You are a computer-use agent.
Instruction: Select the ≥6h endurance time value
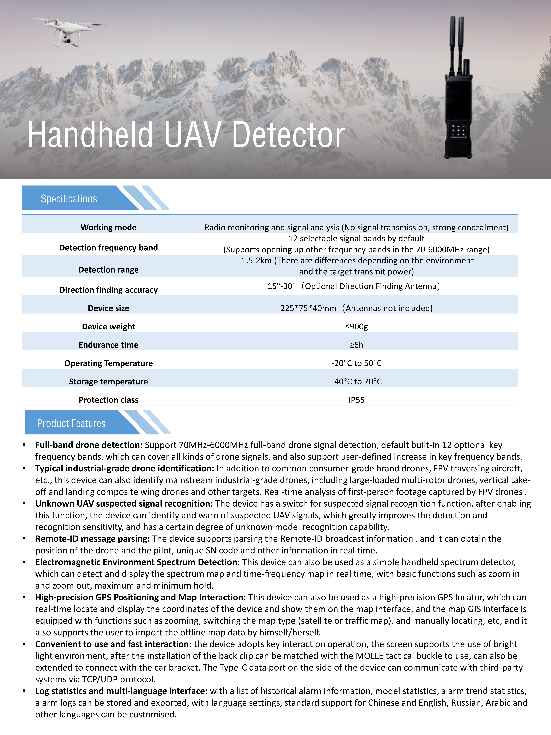click(356, 345)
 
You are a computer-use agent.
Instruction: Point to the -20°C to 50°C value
click(356, 363)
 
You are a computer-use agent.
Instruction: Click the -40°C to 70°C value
click(356, 381)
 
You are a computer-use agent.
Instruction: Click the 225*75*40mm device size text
click(308, 308)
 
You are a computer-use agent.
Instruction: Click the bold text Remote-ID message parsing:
click(92, 539)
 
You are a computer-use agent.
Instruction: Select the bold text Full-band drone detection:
click(89, 445)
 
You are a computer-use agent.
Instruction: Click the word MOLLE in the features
click(369, 656)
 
